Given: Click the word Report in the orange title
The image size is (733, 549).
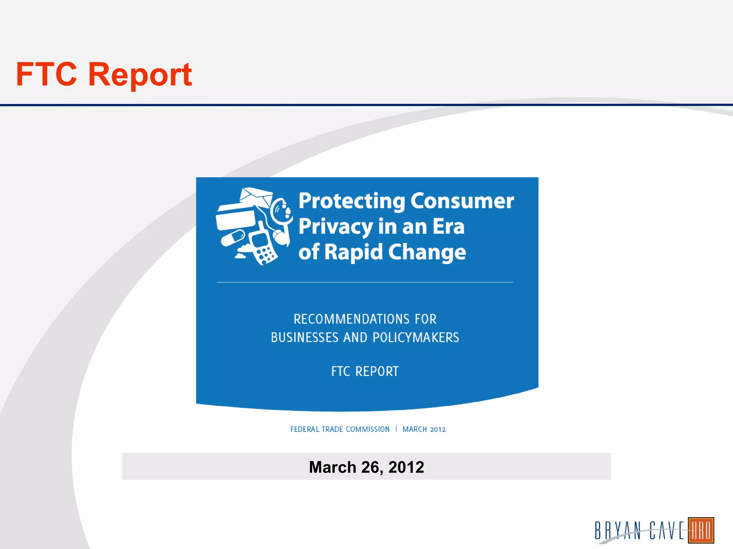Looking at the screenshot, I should point(140,74).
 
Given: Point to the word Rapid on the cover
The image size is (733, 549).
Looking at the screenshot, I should point(354,252).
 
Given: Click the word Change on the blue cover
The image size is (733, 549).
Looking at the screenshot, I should point(427,252).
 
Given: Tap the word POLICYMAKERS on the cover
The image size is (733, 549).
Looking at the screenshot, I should point(416,337).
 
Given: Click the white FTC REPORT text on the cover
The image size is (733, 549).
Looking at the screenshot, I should point(365,371).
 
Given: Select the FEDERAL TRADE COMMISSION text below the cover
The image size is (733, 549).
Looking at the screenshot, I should point(340,429).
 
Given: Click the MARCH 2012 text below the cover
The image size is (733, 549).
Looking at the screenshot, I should point(424,429).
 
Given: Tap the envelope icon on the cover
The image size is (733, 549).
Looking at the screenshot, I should point(256,197).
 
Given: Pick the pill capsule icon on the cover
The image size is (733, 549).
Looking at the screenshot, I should point(233,238).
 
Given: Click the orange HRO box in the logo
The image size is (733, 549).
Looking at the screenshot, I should point(701,530).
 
